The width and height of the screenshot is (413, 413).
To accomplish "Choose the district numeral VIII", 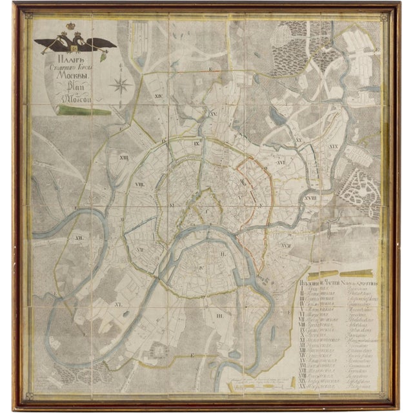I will point(139,185).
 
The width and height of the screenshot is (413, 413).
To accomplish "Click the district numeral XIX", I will point(334,147).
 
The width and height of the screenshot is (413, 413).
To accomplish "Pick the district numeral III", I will point(220,316).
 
